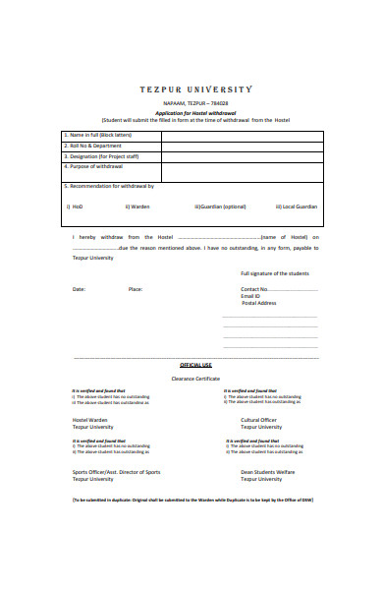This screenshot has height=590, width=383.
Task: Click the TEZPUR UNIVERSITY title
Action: tap(194, 88)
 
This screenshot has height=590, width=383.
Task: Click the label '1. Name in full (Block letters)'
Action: tap(98, 135)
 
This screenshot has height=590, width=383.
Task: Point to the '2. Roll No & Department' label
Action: tap(93, 146)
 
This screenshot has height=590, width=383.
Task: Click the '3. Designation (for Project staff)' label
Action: tap(101, 155)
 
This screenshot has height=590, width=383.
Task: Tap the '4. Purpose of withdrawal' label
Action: tap(93, 166)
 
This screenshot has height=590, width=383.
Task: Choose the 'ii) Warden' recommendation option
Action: tap(137, 206)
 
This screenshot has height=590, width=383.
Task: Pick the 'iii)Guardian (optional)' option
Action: tap(220, 206)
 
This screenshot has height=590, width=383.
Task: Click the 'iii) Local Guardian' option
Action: tap(296, 206)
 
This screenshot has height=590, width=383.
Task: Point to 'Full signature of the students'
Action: tap(275, 272)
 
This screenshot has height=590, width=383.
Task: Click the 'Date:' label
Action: tap(79, 289)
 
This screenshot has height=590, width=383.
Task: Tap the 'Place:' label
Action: tap(136, 289)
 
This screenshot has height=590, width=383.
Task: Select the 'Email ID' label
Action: tap(251, 296)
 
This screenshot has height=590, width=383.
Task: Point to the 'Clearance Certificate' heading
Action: tap(195, 378)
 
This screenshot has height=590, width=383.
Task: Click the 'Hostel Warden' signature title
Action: tap(90, 420)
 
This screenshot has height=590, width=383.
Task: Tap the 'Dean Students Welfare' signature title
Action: tap(262, 472)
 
